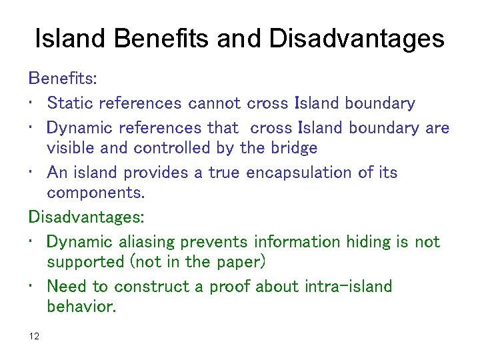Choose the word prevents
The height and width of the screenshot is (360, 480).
pos(215,241)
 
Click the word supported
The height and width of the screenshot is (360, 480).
pos(83,263)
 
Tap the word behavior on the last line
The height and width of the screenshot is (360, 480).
pos(81,308)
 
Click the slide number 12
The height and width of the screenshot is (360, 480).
pos(35,336)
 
